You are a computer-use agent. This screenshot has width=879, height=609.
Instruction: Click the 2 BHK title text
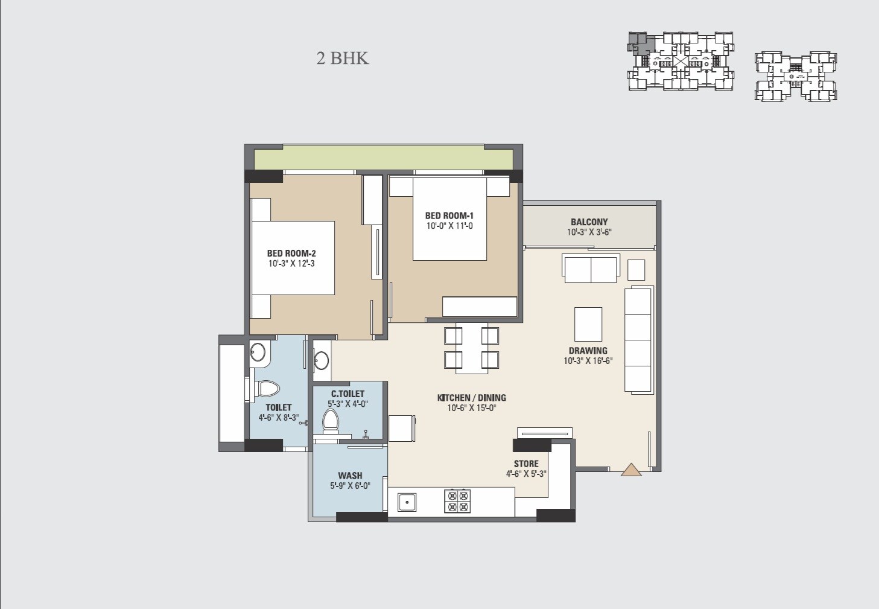pyautogui.click(x=342, y=59)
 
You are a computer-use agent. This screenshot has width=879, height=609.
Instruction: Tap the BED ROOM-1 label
pyautogui.click(x=449, y=216)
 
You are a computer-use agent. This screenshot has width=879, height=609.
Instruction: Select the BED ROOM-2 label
pyautogui.click(x=291, y=253)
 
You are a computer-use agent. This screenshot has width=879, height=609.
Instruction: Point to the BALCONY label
pyautogui.click(x=589, y=222)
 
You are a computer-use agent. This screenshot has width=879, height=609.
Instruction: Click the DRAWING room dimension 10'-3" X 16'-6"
pyautogui.click(x=588, y=361)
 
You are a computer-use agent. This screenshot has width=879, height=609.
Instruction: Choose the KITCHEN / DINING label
pyautogui.click(x=471, y=398)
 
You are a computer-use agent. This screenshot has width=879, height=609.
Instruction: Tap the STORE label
pyautogui.click(x=526, y=464)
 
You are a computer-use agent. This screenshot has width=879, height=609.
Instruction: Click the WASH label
pyautogui.click(x=350, y=476)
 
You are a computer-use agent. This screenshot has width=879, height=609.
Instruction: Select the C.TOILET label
pyautogui.click(x=347, y=394)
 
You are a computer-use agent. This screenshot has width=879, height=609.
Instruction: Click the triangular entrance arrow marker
pyautogui.click(x=631, y=470)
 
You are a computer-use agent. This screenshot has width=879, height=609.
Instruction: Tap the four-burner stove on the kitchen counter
pyautogui.click(x=457, y=501)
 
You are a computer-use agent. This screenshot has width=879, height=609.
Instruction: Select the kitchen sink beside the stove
pyautogui.click(x=407, y=501)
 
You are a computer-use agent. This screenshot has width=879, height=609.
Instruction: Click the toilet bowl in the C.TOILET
pyautogui.click(x=330, y=419)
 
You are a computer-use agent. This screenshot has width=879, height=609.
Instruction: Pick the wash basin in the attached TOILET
pyautogui.click(x=259, y=353)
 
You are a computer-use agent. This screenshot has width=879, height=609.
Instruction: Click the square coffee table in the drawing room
pyautogui.click(x=588, y=325)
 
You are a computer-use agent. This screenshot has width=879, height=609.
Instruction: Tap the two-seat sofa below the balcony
pyautogui.click(x=591, y=269)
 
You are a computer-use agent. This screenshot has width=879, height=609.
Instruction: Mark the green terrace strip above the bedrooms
pyautogui.click(x=383, y=158)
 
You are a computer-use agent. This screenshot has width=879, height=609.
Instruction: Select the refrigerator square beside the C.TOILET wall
pyautogui.click(x=401, y=429)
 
